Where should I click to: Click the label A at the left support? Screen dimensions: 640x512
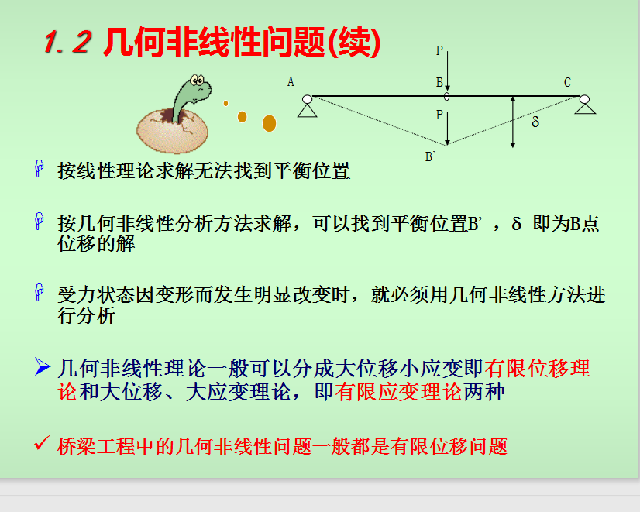tap(291, 82)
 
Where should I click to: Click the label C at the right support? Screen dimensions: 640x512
tap(567, 83)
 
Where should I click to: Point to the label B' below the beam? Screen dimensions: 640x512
tap(430, 156)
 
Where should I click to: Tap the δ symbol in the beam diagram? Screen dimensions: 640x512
tap(535, 122)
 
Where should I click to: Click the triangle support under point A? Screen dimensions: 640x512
tap(308, 111)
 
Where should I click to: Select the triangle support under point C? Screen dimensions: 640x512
tap(585, 108)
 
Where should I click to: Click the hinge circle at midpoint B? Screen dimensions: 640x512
tap(447, 97)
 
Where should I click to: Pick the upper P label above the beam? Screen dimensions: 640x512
tap(439, 50)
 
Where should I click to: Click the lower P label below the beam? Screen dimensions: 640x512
tap(439, 115)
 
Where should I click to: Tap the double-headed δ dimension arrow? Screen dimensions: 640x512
tap(513, 122)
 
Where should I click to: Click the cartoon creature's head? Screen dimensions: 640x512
tap(198, 86)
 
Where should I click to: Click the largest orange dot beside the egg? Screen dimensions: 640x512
tap(269, 123)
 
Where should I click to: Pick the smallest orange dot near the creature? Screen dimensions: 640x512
tap(225, 104)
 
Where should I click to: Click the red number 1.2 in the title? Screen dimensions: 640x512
tap(67, 42)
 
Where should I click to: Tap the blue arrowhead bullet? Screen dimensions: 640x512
tap(43, 366)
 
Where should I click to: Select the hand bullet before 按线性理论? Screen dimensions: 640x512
tap(40, 169)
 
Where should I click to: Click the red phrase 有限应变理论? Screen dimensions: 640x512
tap(399, 392)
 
